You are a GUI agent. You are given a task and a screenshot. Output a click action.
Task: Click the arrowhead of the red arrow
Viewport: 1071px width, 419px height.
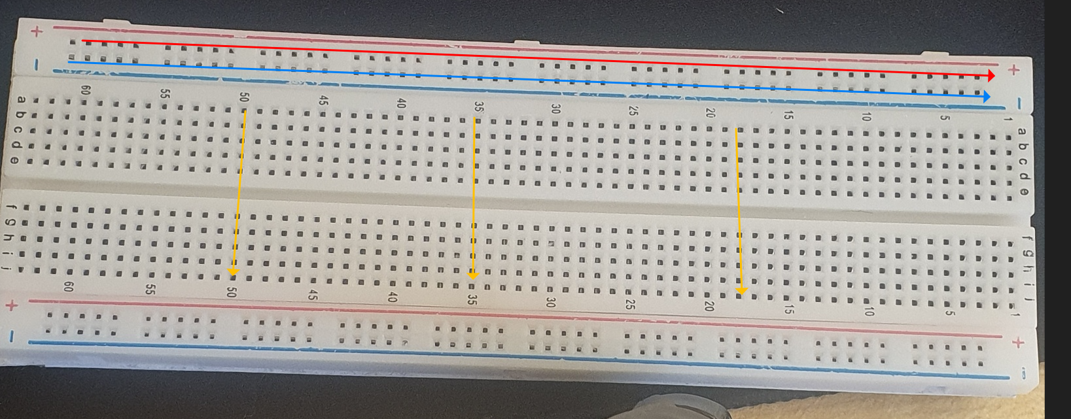pos(991,76)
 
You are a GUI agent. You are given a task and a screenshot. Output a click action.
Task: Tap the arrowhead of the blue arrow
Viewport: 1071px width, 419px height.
pos(986,97)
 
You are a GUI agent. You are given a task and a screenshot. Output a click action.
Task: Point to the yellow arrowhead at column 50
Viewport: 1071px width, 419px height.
pos(233,271)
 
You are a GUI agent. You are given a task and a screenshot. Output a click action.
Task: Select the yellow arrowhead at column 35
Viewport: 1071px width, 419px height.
pos(473,275)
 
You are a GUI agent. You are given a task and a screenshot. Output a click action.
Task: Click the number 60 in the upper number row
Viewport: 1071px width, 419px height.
pos(85,91)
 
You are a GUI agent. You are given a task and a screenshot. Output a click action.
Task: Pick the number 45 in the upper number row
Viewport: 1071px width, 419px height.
pos(323,101)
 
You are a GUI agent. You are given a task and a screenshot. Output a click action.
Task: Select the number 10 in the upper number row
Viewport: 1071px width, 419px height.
pos(866,117)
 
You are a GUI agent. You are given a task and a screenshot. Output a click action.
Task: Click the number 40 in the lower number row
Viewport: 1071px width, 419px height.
pos(393,297)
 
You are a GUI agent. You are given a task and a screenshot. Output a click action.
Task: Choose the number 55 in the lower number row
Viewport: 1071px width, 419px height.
pos(150,289)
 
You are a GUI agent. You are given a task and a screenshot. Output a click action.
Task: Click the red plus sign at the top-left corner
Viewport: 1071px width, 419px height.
pos(37,31)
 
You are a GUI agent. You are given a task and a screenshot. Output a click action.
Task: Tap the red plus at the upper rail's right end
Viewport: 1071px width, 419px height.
pos(1013,69)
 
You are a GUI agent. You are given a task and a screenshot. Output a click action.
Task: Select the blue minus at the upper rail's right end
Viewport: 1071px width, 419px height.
pos(1019,103)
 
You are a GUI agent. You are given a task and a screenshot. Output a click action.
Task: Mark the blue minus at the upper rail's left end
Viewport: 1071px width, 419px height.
pos(37,65)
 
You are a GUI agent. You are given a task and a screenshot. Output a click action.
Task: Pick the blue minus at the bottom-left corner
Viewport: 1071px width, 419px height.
pos(11,337)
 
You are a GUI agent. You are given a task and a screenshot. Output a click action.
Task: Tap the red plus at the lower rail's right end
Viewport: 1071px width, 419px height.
pos(1017,343)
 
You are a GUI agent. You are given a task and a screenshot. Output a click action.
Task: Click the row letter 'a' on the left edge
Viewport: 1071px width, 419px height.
pos(22,100)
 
